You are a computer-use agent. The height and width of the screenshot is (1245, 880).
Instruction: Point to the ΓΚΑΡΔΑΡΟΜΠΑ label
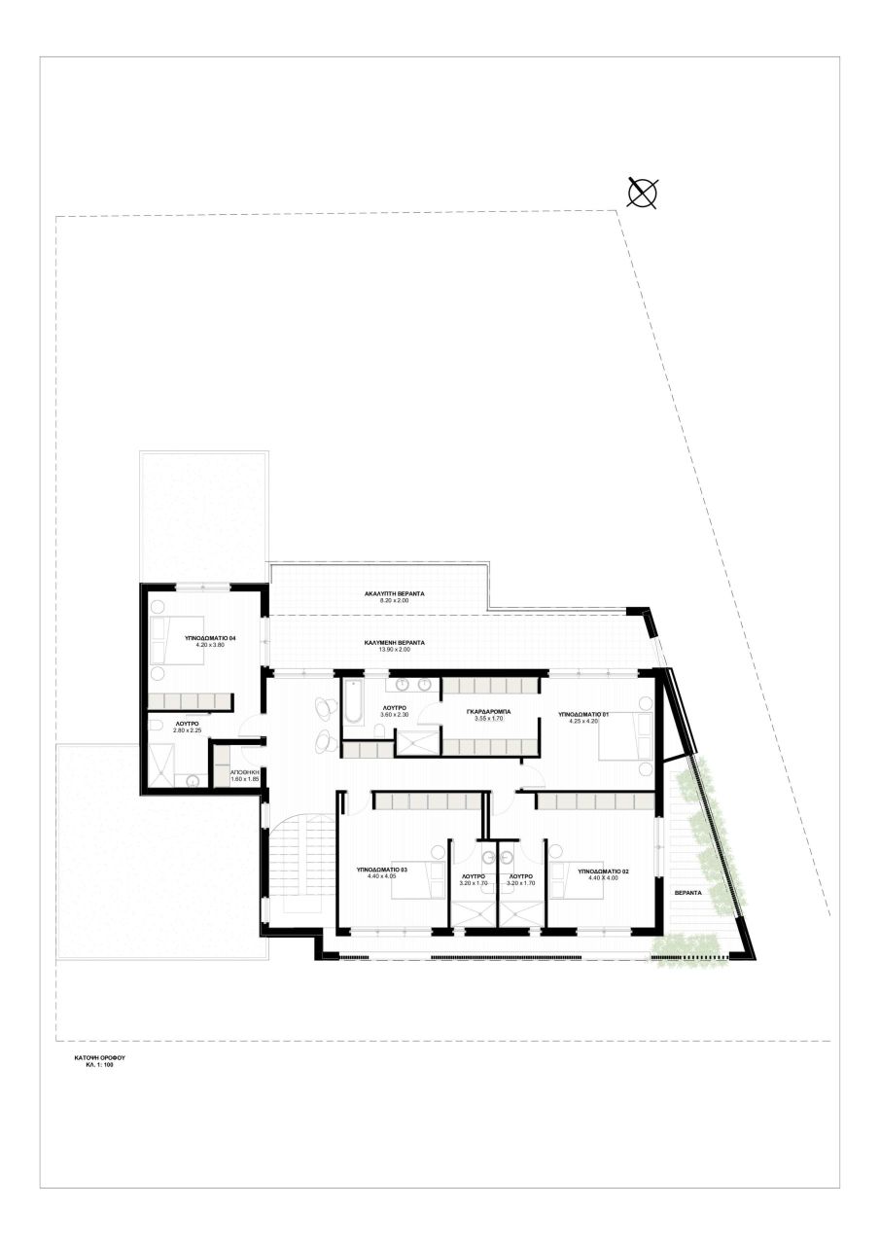[489, 712]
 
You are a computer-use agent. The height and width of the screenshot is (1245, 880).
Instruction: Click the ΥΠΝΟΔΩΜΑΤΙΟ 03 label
[382, 870]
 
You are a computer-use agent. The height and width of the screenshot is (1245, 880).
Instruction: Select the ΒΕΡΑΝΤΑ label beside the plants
[686, 893]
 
